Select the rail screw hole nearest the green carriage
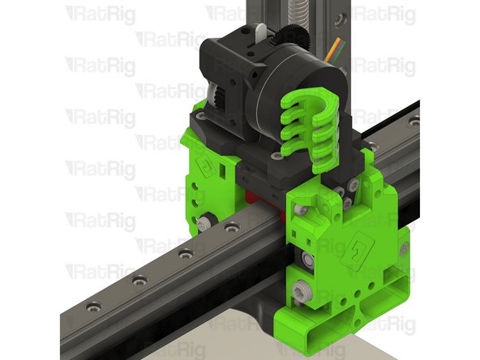point(186,254)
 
